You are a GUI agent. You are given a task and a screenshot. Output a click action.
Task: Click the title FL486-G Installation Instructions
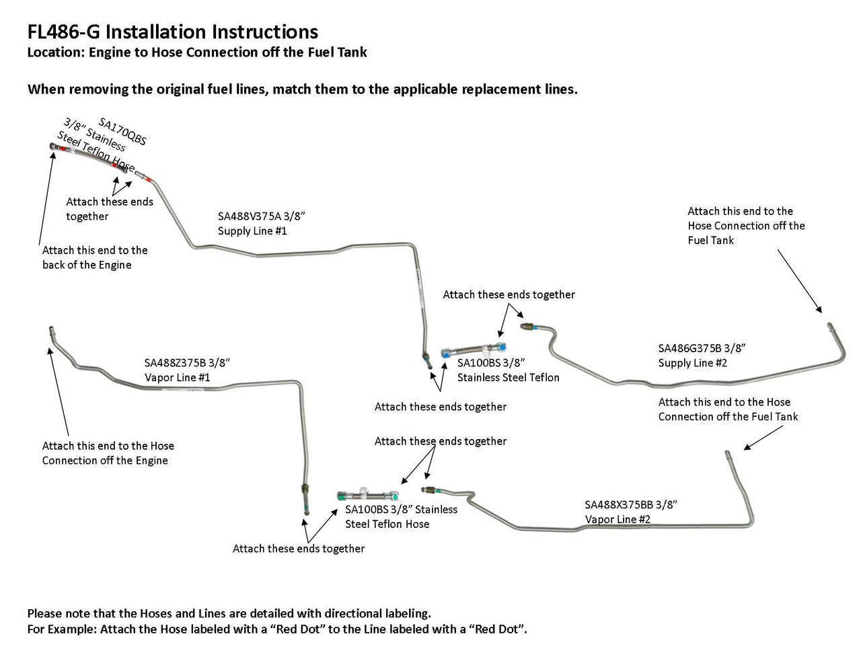pos(172,32)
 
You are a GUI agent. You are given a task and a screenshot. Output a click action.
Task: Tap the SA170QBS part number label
pos(122,132)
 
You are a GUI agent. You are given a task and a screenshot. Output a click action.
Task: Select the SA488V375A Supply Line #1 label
pos(261,223)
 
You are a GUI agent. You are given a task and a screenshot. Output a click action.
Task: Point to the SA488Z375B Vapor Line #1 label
pos(187,370)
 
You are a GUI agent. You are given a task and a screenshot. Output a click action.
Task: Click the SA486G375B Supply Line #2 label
pos(702,356)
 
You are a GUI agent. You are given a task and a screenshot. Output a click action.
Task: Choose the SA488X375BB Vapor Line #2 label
pos(630,512)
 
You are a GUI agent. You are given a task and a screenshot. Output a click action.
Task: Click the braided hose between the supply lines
pos(474,350)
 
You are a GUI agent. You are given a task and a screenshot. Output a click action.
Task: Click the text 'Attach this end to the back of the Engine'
pos(95,258)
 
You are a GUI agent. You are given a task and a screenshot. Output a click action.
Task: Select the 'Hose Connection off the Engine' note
pos(108,453)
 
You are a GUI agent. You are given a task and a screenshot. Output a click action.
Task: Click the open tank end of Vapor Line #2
pos(727,455)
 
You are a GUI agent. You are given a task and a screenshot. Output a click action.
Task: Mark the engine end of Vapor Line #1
pos(51,331)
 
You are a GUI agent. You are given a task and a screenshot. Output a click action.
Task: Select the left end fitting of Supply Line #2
pos(526,327)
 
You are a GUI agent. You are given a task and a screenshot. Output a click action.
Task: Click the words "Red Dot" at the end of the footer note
pos(498,629)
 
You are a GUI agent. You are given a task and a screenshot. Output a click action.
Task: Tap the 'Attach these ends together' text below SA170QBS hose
pos(109,208)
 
